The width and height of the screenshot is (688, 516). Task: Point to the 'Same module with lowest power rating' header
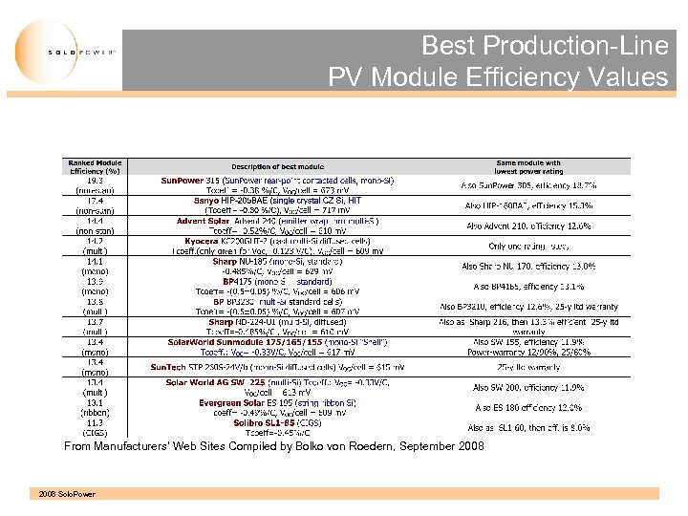tap(528, 168)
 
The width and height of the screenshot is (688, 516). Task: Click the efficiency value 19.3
tap(96, 180)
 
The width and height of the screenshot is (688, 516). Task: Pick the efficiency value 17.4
tap(96, 202)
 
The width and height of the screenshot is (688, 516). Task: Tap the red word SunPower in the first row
tap(182, 180)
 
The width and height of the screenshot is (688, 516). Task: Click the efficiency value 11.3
tap(96, 422)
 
